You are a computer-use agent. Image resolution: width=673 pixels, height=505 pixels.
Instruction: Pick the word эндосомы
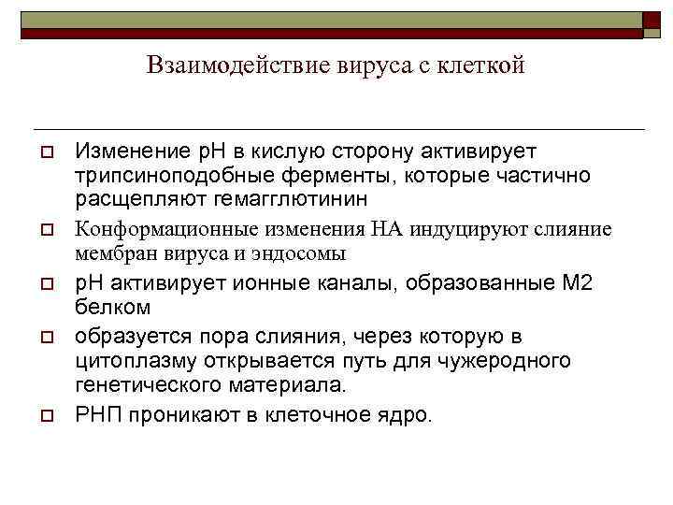(x=301, y=253)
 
